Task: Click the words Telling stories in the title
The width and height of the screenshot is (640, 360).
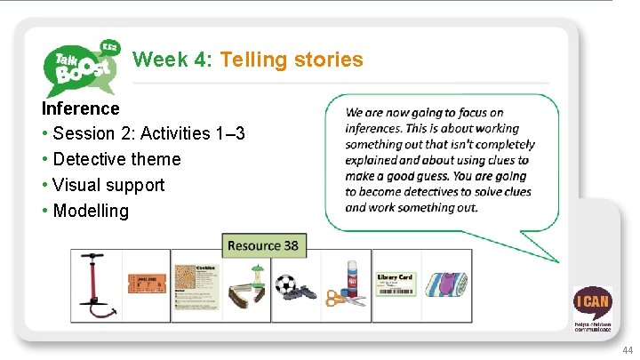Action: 292,60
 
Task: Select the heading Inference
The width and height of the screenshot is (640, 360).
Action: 80,108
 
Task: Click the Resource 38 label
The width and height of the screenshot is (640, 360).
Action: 263,245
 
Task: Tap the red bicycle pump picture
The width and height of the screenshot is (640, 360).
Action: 93,285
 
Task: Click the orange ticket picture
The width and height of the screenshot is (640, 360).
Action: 145,284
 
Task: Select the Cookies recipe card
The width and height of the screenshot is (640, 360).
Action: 196,285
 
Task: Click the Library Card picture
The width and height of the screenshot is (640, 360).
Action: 395,284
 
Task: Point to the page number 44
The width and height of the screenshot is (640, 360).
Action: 628,349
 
